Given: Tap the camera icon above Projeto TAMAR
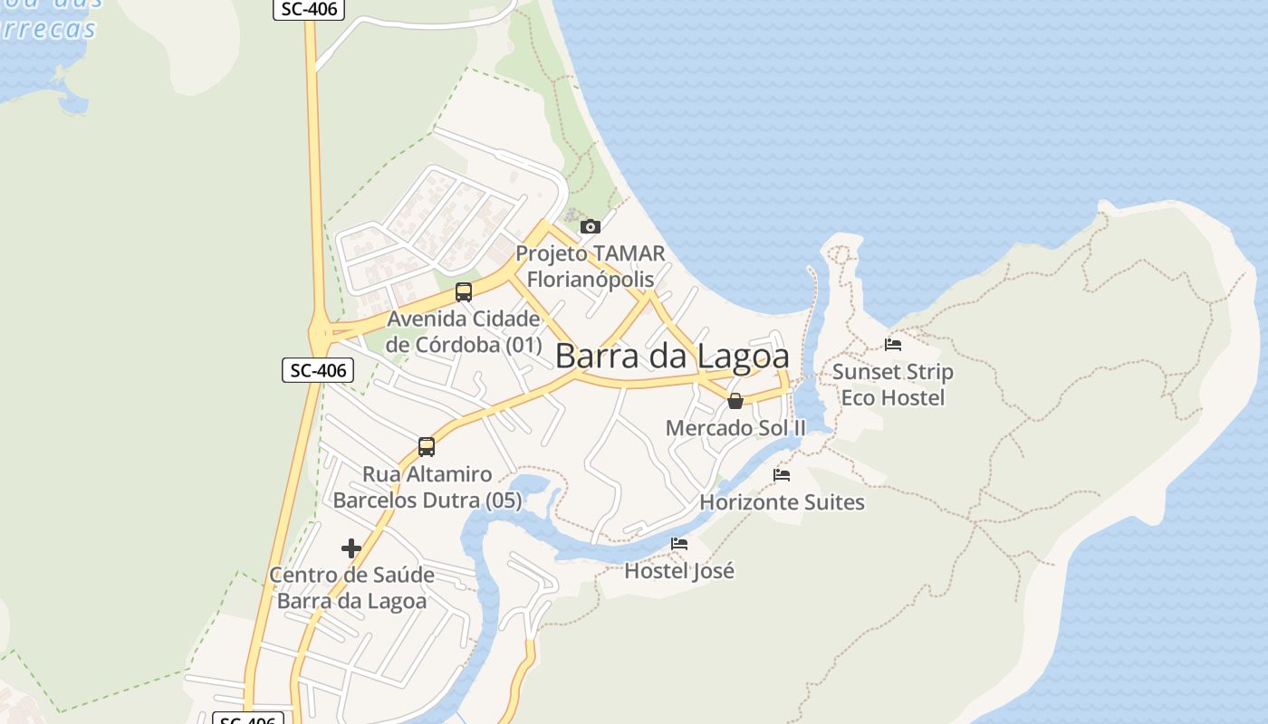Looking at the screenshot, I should tap(591, 226).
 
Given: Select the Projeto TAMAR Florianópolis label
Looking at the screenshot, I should tap(591, 266).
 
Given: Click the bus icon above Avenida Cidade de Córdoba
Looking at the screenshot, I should tap(464, 291).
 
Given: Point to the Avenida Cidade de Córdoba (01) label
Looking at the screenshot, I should tap(464, 332).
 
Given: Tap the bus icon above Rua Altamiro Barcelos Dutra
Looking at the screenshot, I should tap(427, 446).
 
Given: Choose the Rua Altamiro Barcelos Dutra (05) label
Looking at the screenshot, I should tap(427, 487).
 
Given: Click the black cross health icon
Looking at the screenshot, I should tap(351, 548).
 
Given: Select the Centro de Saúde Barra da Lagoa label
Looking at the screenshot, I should tap(351, 587).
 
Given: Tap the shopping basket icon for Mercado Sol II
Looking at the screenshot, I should tap(735, 401).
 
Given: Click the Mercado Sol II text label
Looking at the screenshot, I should tap(735, 428).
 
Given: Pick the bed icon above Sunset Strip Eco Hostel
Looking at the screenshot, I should tap(893, 344).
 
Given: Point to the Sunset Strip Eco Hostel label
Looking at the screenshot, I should tap(893, 385).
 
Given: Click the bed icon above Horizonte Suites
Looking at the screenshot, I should tap(782, 474).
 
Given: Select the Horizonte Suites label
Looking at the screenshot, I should tap(783, 501).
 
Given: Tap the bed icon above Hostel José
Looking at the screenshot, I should tap(679, 543).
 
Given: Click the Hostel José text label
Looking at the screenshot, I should tap(679, 571).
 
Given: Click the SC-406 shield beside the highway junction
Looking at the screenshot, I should tap(317, 369).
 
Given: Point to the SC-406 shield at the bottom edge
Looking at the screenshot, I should tap(248, 719).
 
